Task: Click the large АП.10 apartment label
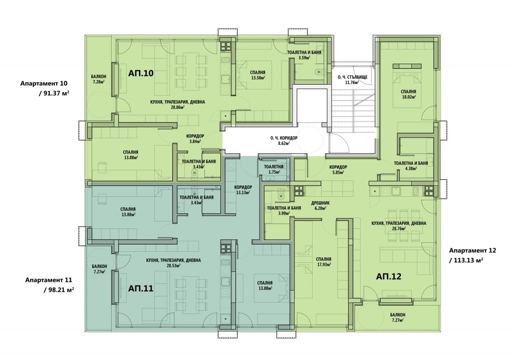click(141, 73)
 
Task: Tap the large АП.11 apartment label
click(141, 288)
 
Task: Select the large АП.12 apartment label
click(389, 276)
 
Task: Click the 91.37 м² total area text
click(54, 93)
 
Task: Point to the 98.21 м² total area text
click(59, 290)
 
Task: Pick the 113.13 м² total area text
click(466, 260)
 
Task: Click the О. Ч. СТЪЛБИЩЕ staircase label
click(352, 77)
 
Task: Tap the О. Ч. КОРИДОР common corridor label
click(284, 138)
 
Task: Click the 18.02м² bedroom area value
click(409, 97)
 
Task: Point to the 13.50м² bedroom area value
click(258, 78)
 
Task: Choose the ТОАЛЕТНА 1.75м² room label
click(274, 169)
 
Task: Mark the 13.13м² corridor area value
click(243, 192)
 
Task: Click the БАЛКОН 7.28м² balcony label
click(99, 79)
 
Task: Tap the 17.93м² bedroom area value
click(324, 264)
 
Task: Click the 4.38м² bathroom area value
click(411, 168)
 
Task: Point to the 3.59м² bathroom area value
click(304, 58)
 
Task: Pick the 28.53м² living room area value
click(173, 265)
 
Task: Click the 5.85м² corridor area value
click(338, 172)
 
